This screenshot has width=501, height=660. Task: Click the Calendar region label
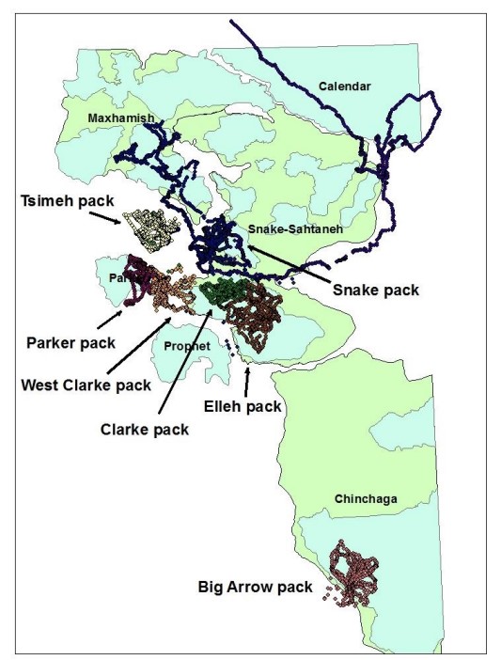(345, 86)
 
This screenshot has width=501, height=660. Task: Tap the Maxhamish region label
(119, 118)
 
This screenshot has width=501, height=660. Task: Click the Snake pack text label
(376, 291)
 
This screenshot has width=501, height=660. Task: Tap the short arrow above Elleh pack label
(247, 382)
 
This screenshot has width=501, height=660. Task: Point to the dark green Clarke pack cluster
(226, 293)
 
